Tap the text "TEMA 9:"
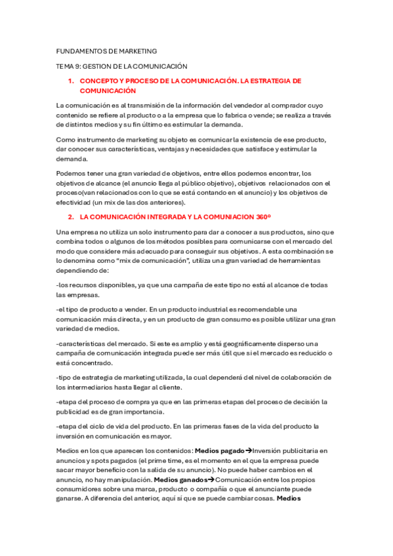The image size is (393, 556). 68,66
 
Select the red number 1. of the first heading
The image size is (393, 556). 71,81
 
